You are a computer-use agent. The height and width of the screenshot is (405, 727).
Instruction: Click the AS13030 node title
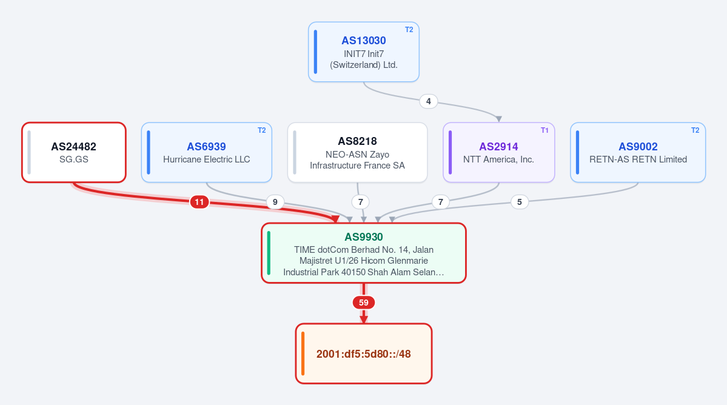pyautogui.click(x=364, y=41)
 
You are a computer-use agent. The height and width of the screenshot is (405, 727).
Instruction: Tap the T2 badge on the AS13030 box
pyautogui.click(x=409, y=30)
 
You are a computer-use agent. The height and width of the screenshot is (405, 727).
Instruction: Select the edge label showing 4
pyautogui.click(x=429, y=101)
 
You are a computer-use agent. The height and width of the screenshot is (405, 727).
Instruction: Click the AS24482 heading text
pyautogui.click(x=74, y=147)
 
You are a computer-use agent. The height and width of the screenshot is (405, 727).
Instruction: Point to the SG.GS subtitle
pyautogui.click(x=74, y=159)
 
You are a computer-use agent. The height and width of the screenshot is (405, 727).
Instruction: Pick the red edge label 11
pyautogui.click(x=199, y=202)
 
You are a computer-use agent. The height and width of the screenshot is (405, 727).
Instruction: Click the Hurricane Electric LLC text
pyautogui.click(x=206, y=159)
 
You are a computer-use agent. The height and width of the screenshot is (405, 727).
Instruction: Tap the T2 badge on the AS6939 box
pyautogui.click(x=262, y=130)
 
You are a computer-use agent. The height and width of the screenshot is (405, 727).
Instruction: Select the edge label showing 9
pyautogui.click(x=275, y=202)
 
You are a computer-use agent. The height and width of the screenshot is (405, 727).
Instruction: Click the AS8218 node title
pyautogui.click(x=358, y=141)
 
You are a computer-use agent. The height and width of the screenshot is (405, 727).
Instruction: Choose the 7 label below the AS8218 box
pyautogui.click(x=361, y=202)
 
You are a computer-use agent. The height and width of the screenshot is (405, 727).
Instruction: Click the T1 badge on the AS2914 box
pyautogui.click(x=544, y=130)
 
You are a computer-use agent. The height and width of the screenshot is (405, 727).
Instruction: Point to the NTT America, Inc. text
pyautogui.click(x=498, y=159)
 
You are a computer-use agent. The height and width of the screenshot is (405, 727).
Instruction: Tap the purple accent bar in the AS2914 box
pyautogui.click(x=450, y=152)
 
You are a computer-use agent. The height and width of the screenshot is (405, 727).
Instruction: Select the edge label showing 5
pyautogui.click(x=519, y=202)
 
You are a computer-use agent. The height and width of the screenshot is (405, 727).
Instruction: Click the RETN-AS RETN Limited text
pyautogui.click(x=638, y=159)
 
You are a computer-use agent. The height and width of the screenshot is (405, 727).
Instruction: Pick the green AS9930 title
pyautogui.click(x=364, y=237)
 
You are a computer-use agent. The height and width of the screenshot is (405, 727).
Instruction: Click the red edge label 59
pyautogui.click(x=364, y=303)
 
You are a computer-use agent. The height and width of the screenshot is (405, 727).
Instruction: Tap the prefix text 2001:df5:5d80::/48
pyautogui.click(x=364, y=354)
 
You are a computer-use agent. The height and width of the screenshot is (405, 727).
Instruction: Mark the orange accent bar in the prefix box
pyautogui.click(x=303, y=353)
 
